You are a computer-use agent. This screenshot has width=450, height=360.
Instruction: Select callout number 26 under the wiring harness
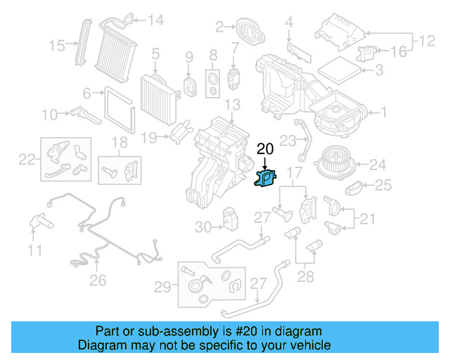[98, 281]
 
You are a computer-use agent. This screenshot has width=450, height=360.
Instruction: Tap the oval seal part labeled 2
[247, 30]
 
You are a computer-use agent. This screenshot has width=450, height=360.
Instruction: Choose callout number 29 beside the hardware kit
[163, 286]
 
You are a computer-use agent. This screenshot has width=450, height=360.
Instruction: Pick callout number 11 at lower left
[35, 249]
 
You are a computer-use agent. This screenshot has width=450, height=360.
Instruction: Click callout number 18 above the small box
[120, 143]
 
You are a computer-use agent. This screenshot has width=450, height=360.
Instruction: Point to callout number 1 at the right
[385, 111]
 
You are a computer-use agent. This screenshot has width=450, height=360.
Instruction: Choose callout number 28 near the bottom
[305, 276]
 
